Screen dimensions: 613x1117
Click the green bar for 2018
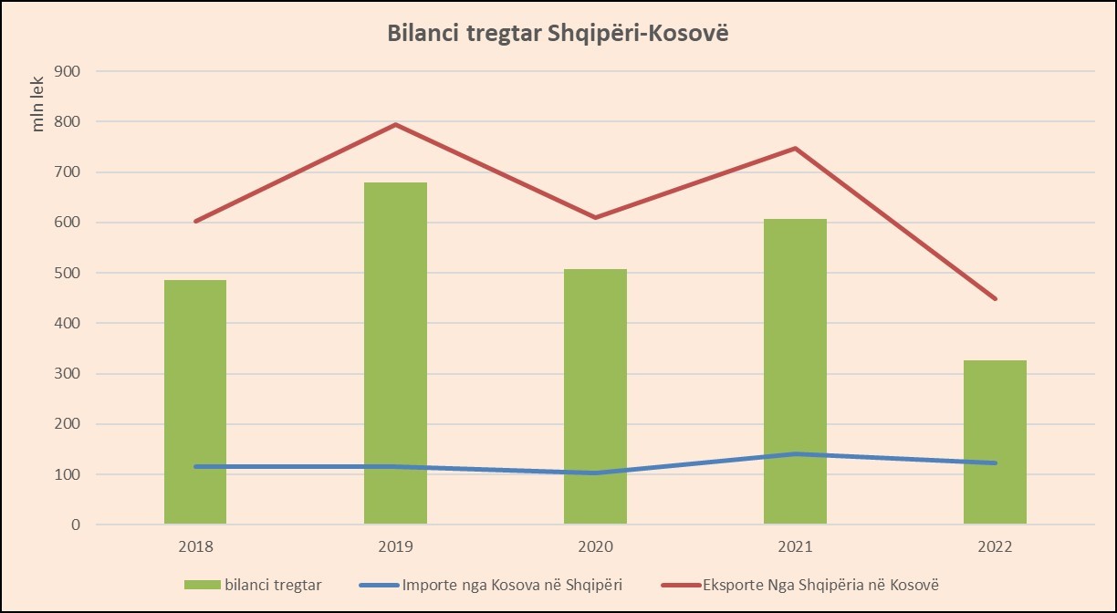[195, 401]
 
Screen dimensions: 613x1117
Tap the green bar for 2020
[595, 396]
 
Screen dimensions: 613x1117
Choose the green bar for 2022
[995, 442]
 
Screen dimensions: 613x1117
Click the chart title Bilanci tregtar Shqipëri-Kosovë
[558, 33]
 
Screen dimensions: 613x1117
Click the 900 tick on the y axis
[69, 71]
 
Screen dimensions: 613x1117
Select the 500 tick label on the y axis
[69, 273]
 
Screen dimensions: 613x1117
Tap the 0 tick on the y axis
[77, 525]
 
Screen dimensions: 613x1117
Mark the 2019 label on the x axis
[395, 547]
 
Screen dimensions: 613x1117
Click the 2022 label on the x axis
[995, 547]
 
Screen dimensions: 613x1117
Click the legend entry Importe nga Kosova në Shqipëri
[496, 585]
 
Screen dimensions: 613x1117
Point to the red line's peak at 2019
[395, 124]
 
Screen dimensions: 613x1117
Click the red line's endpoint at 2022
[995, 298]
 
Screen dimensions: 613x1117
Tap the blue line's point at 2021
[795, 454]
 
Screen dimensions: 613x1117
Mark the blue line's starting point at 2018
[195, 467]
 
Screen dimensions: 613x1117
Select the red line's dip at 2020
[595, 217]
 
